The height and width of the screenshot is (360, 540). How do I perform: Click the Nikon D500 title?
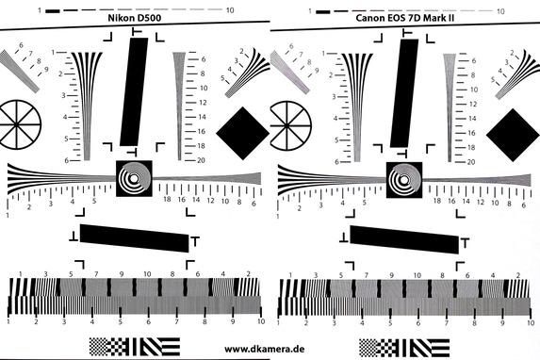[x=135, y=18]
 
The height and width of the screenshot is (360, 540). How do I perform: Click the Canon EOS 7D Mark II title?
[x=404, y=18]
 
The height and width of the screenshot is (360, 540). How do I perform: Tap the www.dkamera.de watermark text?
[x=265, y=349]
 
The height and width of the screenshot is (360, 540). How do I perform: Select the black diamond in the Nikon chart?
[x=243, y=133]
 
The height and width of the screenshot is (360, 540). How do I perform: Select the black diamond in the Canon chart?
[x=513, y=135]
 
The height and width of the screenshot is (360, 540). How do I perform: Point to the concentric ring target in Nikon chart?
[x=134, y=178]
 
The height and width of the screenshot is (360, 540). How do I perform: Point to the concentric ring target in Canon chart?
[x=404, y=180]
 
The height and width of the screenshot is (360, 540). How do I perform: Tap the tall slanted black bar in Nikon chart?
[x=134, y=92]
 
